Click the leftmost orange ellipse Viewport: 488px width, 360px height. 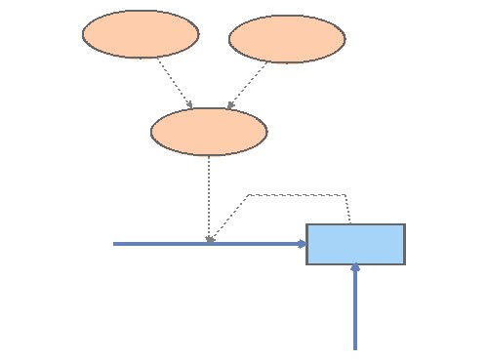coord(141,34)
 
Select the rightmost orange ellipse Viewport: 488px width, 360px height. coord(287,39)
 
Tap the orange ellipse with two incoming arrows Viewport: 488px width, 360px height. coord(209,132)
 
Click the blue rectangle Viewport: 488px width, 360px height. coord(355,244)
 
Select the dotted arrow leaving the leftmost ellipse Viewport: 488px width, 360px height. coord(174,81)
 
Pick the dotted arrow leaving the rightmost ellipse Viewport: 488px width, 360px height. coord(248,84)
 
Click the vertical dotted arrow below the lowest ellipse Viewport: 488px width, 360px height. coord(209,195)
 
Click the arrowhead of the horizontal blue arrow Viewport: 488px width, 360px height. coord(303,244)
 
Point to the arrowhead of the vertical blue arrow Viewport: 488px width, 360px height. coord(355,267)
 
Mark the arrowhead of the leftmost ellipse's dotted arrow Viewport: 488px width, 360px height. coord(190,105)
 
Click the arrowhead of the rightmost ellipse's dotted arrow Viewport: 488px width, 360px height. coord(229,105)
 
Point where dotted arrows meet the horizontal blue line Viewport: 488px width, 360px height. coord(209,242)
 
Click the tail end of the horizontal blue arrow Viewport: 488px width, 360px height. coord(115,244)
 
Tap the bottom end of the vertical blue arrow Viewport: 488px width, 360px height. coord(355,347)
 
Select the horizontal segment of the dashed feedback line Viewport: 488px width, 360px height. coord(298,195)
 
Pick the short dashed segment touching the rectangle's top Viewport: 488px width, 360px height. coord(349,209)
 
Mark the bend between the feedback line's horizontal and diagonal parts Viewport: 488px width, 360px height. coord(250,195)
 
